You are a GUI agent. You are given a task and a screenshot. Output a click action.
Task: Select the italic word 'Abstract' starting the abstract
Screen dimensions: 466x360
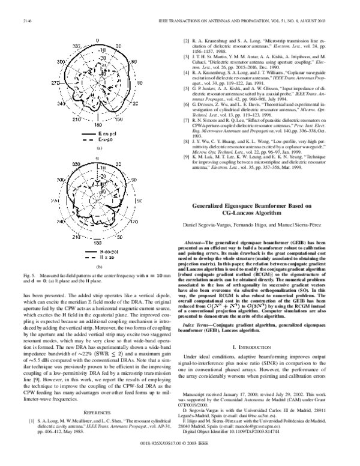[199, 241]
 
